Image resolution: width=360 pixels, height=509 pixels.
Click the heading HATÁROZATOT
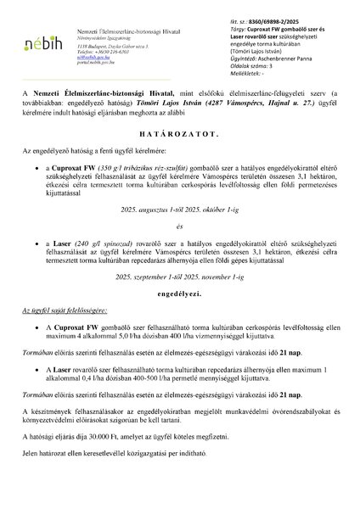(180, 157)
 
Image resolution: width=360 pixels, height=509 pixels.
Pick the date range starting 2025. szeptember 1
(180, 275)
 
